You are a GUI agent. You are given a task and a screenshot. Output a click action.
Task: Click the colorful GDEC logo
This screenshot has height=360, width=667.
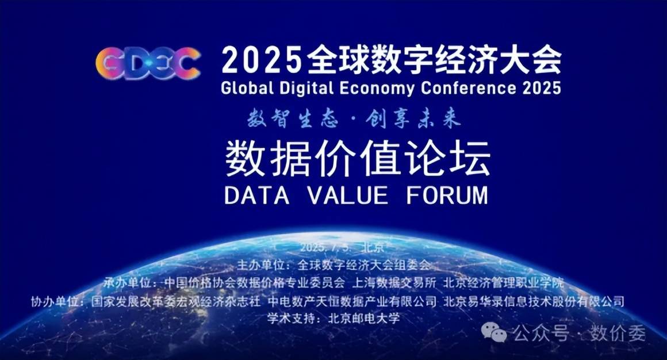pos(148,63)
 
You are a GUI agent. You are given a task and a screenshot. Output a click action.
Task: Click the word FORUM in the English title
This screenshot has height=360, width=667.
pos(447,196)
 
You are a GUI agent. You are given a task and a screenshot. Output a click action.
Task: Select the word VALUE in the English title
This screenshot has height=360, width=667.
pos(348,196)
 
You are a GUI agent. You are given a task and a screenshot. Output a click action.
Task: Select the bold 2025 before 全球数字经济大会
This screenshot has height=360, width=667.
pos(260,60)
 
